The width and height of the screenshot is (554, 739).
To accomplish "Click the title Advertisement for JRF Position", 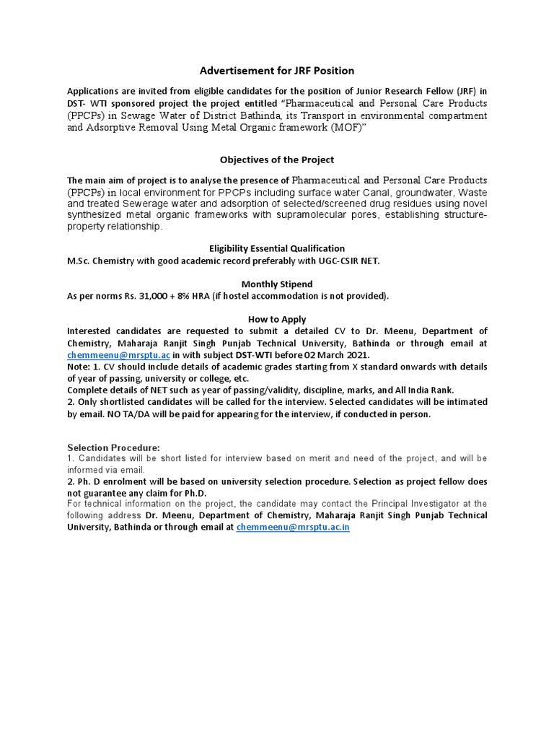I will (277, 70).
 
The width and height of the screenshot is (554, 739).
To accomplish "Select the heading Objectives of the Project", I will (277, 159).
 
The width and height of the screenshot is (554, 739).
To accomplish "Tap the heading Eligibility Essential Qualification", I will (277, 248).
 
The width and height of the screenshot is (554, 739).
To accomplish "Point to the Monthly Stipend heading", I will (277, 284).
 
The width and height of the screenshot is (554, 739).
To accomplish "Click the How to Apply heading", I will (277, 319).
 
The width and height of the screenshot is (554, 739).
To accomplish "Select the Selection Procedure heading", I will (113, 447).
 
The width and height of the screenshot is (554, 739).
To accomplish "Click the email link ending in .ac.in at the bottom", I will (293, 528).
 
